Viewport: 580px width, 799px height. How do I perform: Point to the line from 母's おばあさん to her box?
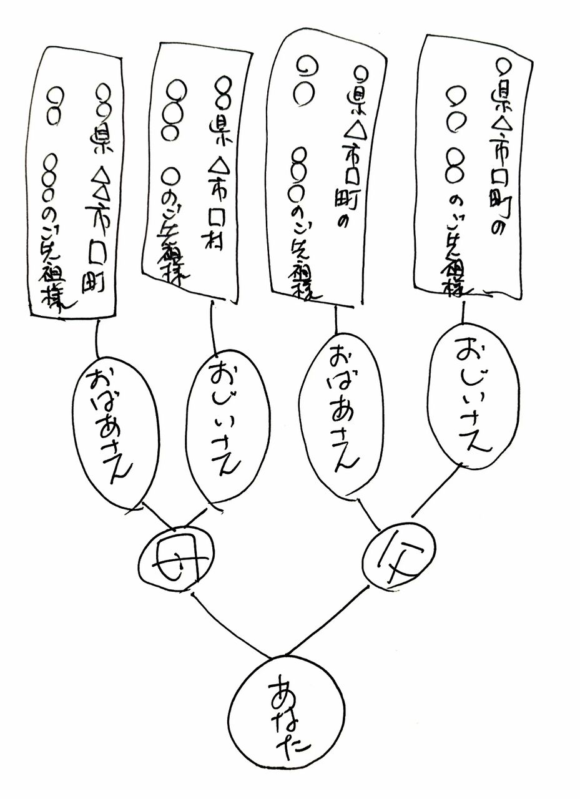pos(98,340)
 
